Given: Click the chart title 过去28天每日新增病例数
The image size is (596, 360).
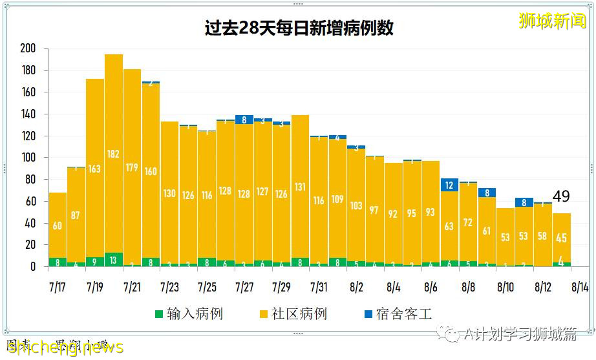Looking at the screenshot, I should [298, 28].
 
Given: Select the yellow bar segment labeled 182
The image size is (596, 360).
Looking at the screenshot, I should [114, 154].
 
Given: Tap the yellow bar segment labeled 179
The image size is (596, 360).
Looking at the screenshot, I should [133, 167].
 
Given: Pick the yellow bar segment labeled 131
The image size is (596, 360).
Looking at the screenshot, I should [300, 187].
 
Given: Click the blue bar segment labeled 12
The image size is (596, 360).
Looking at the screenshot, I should [450, 185].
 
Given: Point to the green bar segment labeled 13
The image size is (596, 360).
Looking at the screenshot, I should [114, 259].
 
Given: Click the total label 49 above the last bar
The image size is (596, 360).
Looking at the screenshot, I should [561, 196].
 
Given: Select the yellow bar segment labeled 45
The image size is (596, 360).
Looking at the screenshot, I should [561, 238].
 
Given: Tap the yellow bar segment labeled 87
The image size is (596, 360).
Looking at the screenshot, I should [76, 215].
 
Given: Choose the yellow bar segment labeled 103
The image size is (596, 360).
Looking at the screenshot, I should [356, 206].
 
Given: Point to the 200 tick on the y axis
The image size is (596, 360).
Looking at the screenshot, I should [28, 48].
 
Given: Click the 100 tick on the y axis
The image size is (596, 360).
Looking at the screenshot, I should [28, 158].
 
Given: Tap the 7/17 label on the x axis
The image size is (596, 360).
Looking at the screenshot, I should [58, 286].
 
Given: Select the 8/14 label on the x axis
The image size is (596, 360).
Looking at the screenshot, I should [580, 286].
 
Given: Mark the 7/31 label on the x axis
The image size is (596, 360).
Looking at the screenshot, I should [319, 286].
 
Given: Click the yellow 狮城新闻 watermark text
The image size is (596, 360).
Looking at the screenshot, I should [552, 21].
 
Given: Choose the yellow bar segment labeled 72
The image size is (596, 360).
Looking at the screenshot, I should [469, 222].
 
